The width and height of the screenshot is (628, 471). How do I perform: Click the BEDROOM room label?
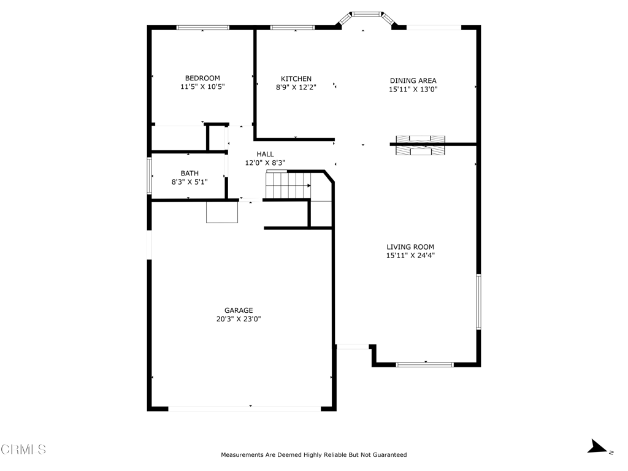click(202, 78)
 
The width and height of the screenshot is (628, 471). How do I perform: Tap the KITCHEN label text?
click(296, 79)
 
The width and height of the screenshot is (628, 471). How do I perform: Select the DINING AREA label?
click(413, 80)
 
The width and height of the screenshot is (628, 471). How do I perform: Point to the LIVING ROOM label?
click(410, 247)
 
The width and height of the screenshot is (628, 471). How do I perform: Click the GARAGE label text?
click(239, 310)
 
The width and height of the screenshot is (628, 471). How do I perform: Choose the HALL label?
click(265, 154)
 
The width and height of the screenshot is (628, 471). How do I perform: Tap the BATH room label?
click(190, 174)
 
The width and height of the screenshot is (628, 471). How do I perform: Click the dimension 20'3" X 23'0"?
click(239, 319)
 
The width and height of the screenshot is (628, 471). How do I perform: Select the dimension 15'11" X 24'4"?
click(410, 256)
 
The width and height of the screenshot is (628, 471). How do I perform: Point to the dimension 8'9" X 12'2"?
click(296, 87)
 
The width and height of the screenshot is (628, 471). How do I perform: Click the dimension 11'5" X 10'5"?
click(202, 86)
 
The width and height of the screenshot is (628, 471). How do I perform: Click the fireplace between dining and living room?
click(420, 145)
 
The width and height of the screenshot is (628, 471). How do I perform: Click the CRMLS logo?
click(23, 450)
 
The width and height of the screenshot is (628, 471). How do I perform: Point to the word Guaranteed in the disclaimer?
click(389, 455)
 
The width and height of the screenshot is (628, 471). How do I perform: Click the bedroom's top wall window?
click(202, 28)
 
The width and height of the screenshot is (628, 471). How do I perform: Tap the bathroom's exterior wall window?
click(150, 176)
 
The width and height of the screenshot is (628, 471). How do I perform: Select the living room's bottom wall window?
click(424, 365)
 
